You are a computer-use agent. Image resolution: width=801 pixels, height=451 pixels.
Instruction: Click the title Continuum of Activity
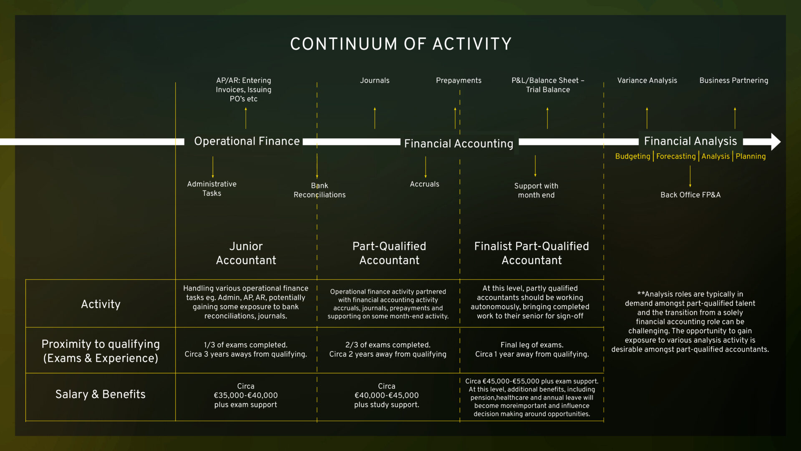point(400,44)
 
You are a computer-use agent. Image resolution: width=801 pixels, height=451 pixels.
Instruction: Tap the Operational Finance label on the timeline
point(247,141)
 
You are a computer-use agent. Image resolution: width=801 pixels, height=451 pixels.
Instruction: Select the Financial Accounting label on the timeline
point(458,144)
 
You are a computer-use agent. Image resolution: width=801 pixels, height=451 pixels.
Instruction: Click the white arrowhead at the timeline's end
point(776,142)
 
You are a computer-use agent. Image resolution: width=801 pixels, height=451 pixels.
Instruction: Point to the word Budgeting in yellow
point(632,156)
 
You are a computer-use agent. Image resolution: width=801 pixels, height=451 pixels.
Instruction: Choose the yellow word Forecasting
point(676,156)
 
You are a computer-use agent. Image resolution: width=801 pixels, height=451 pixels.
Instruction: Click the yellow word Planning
point(751,156)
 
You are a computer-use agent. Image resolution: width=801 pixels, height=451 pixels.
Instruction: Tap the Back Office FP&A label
point(690,195)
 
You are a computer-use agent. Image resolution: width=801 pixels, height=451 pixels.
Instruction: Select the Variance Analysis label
point(647,80)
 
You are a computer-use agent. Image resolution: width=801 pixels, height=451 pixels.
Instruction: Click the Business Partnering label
point(734,80)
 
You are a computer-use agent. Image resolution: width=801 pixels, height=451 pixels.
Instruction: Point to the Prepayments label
point(458,80)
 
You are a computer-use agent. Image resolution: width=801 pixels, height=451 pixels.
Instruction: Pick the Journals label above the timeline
point(375,80)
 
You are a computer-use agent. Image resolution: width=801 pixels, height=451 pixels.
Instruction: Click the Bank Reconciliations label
point(320,190)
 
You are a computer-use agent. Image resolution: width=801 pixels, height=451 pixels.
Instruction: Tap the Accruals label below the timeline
point(424,184)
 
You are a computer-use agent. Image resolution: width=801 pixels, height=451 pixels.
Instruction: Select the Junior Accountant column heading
point(246,253)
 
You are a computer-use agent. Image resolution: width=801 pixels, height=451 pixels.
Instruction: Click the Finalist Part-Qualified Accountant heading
point(531,253)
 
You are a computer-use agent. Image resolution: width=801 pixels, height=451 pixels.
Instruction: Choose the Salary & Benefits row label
point(101,394)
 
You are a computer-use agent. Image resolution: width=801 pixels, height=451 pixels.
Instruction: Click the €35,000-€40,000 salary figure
point(246,395)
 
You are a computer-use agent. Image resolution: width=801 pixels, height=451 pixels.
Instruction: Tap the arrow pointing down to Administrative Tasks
point(213,167)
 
